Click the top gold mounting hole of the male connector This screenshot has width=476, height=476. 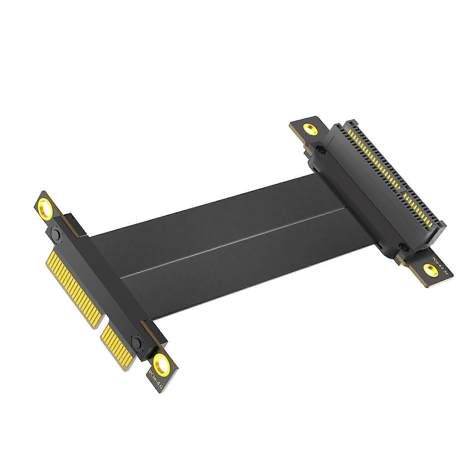[47, 211]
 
